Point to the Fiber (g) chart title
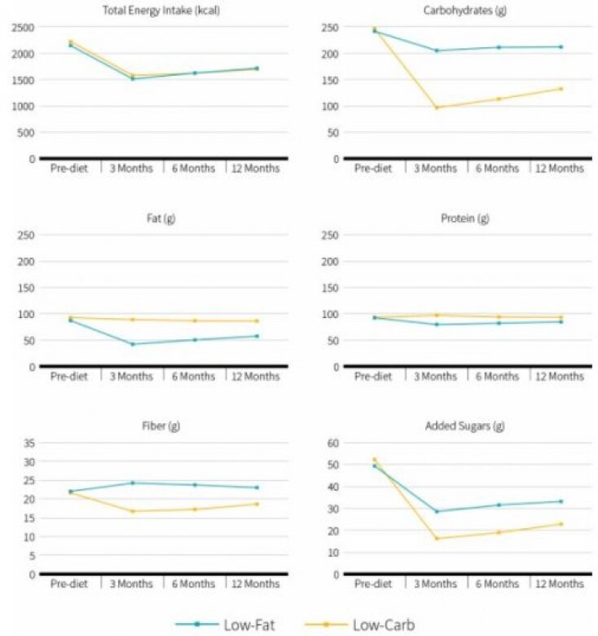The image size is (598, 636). click(x=157, y=426)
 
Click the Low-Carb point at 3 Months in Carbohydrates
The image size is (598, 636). click(x=435, y=108)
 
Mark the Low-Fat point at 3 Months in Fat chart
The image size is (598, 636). click(x=132, y=344)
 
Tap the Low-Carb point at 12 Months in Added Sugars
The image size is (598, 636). click(x=561, y=523)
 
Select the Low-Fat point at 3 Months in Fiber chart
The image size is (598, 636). click(x=132, y=483)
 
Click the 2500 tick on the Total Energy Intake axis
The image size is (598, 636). click(x=24, y=28)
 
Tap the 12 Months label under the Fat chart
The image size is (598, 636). click(x=255, y=377)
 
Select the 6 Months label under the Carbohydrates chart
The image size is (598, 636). click(x=497, y=169)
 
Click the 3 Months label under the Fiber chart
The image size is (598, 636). click(x=132, y=585)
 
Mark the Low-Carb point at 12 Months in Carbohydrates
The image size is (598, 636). click(x=561, y=89)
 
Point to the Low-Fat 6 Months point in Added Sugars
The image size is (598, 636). click(x=498, y=505)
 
